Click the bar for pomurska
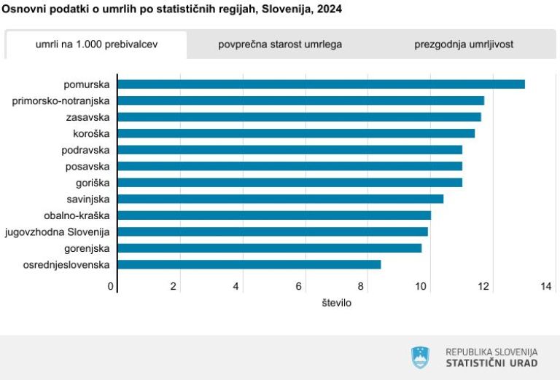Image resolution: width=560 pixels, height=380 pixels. point(321,84)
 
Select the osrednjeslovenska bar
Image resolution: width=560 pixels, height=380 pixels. point(249,264)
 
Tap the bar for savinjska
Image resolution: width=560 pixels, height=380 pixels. point(280,199)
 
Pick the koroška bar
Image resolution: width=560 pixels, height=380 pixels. point(296,133)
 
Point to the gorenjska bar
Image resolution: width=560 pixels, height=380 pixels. point(269,248)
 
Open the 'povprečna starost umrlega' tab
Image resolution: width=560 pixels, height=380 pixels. point(280,44)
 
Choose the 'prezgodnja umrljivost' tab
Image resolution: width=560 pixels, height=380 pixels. point(464,44)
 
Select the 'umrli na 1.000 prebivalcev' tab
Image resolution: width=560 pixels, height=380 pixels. point(96,44)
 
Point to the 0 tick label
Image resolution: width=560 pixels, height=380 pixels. point(111,286)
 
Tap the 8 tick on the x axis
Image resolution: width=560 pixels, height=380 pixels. point(362,286)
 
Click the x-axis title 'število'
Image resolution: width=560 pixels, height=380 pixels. point(337,302)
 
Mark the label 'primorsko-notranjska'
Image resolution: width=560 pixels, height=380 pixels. point(61,100)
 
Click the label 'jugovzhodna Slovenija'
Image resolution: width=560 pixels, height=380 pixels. point(57,231)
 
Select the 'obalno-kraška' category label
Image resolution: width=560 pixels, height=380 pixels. point(77,215)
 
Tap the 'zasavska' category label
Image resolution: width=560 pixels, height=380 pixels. point(87,117)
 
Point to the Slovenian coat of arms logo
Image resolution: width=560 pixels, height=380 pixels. point(421,357)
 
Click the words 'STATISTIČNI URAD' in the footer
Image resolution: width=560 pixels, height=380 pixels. point(491,363)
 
